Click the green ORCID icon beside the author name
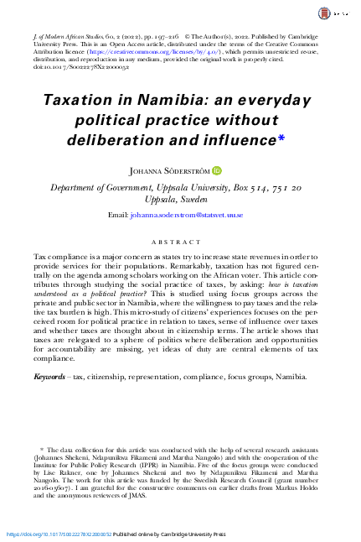point(217,170)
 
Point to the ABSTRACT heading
point(180,239)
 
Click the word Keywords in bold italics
point(51,400)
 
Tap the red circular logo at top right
point(325,14)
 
